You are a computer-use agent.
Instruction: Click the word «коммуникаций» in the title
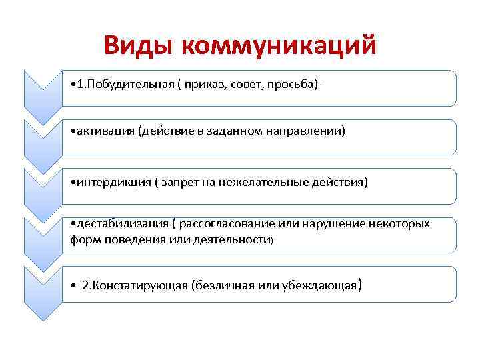pyautogui.click(x=278, y=45)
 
